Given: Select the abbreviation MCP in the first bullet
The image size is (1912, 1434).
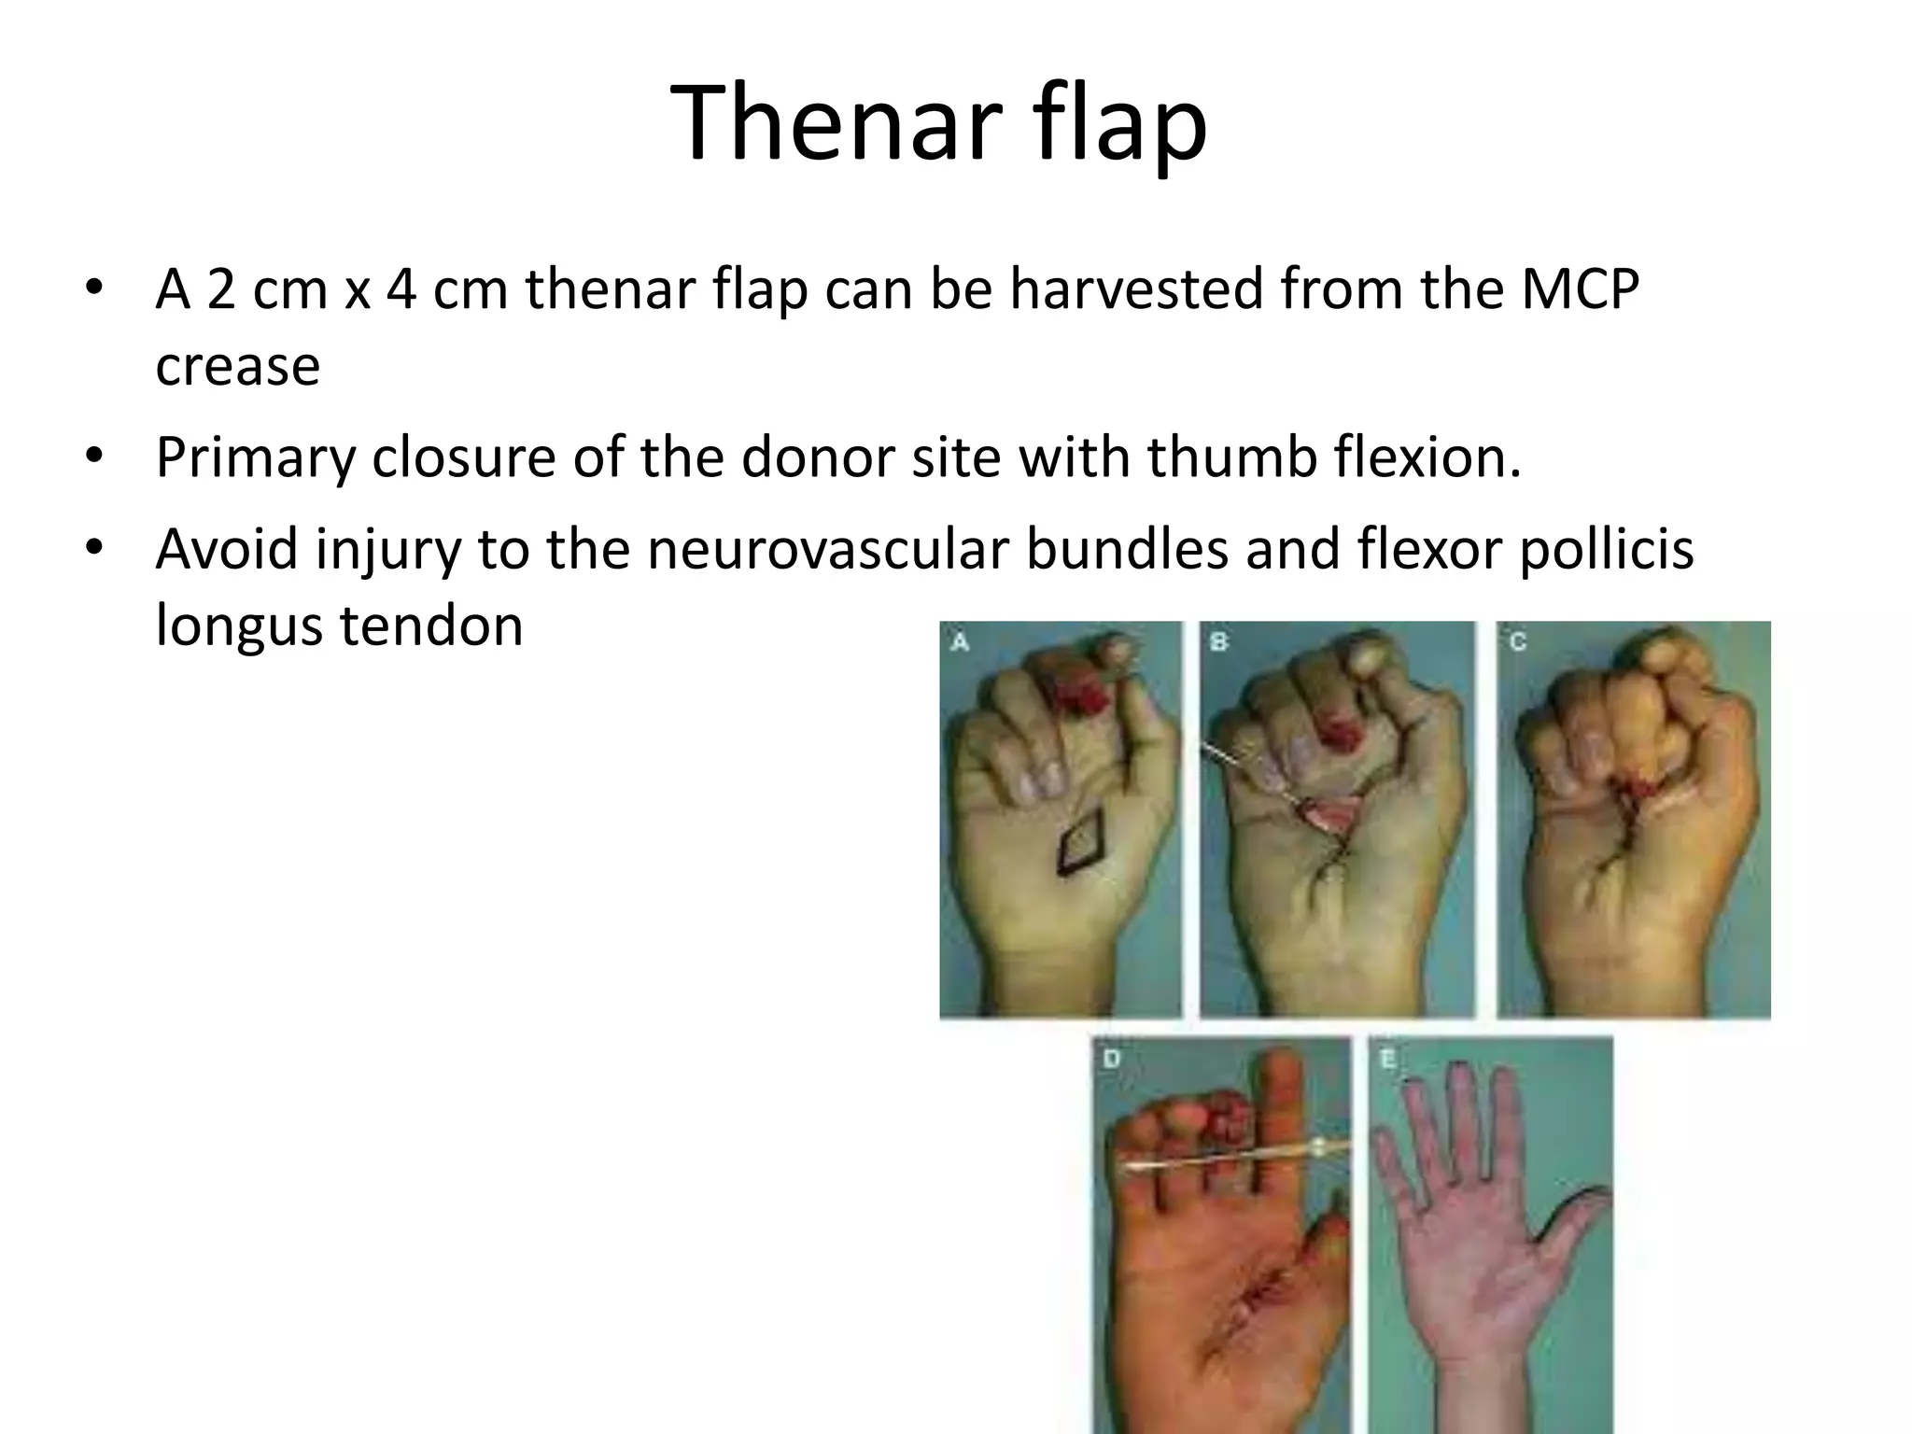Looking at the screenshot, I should point(1580,288).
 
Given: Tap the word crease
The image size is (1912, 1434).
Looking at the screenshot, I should point(237,366).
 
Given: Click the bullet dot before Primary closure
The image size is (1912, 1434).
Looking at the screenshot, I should point(93,457).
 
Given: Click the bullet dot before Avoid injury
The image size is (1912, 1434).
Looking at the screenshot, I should point(93,549).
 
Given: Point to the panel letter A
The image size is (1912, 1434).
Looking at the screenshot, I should point(959,641).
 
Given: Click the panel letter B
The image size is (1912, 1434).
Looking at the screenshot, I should point(1218,641).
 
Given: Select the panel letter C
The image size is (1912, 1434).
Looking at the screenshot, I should point(1517,641).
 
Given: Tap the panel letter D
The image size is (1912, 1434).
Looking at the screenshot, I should point(1111,1060).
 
